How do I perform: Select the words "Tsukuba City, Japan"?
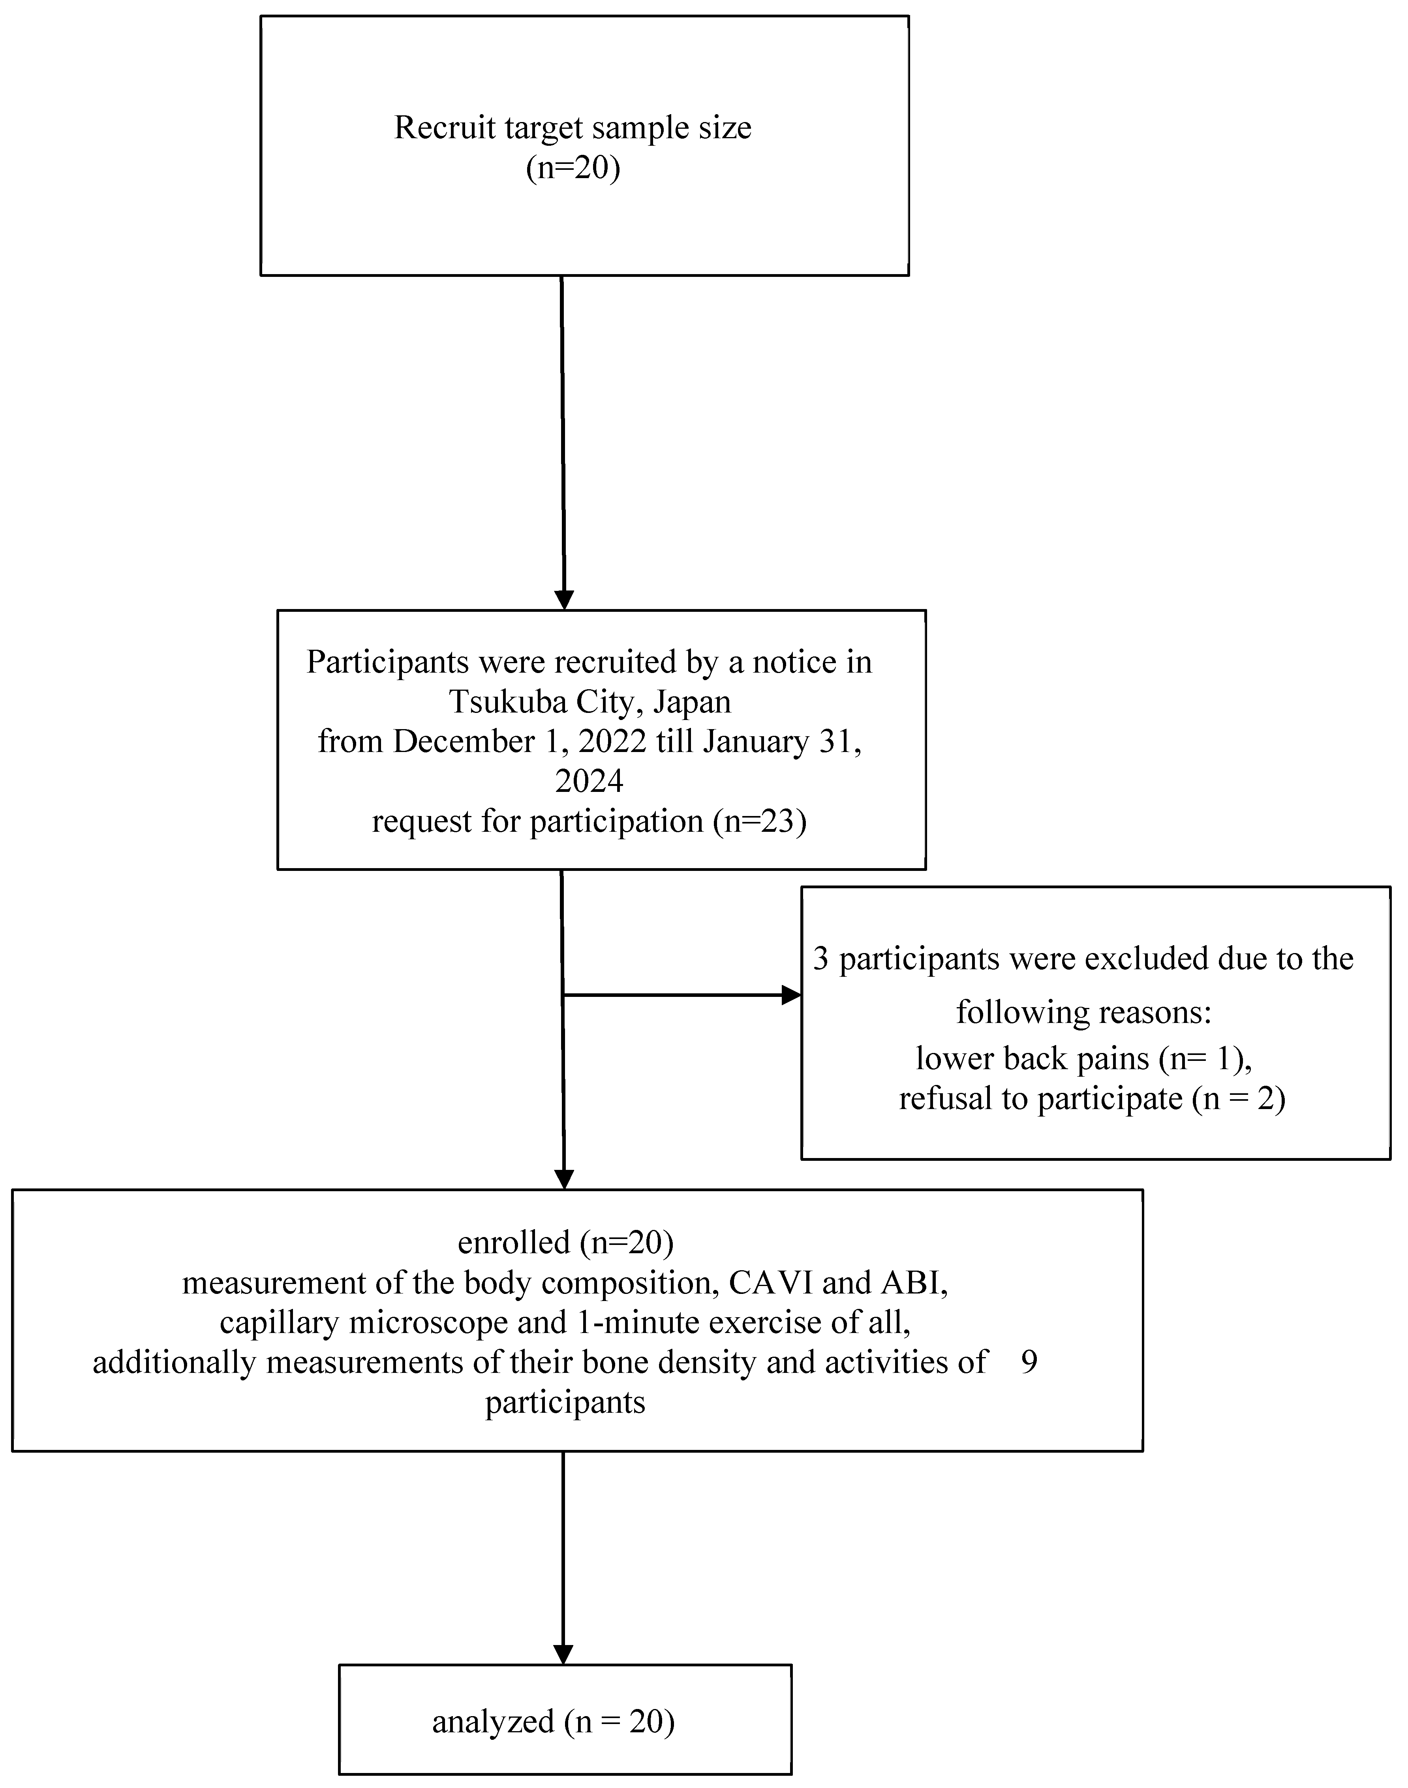pos(589,702)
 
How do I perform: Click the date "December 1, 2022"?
pos(519,741)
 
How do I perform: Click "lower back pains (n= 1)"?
pos(1084,1059)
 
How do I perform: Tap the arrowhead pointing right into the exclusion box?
pos(791,995)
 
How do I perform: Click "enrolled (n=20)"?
pos(565,1242)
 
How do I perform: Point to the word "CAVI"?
pos(771,1282)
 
